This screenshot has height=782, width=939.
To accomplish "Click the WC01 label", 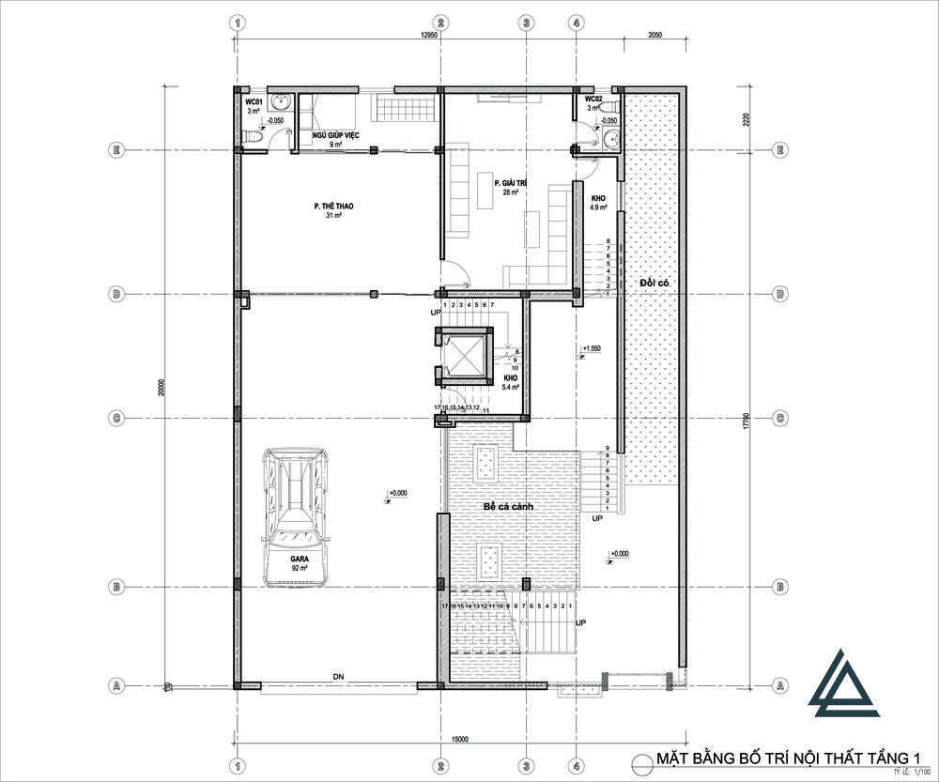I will pyautogui.click(x=254, y=100).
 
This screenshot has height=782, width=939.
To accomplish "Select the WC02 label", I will pyautogui.click(x=593, y=100).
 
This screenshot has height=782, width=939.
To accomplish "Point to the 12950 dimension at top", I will pyautogui.click(x=430, y=35).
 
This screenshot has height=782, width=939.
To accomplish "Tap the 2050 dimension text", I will pyautogui.click(x=655, y=35).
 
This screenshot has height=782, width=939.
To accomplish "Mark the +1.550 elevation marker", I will pyautogui.click(x=591, y=349).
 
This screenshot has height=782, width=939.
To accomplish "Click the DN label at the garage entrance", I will pyautogui.click(x=336, y=677).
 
